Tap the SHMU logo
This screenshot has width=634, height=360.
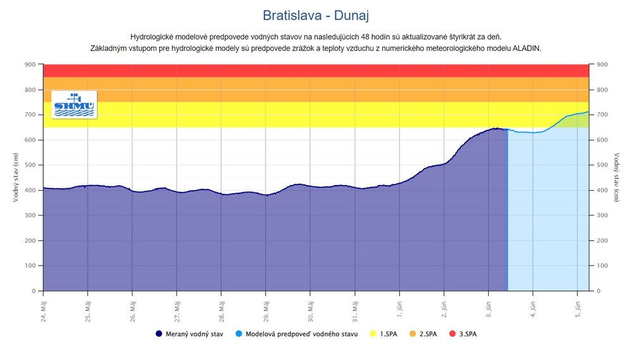click(74, 104)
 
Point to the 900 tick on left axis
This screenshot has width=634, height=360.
click(30, 65)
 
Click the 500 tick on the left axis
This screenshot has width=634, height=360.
click(30, 165)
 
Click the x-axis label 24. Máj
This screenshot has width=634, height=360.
click(43, 306)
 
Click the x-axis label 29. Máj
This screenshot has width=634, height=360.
click(266, 306)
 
